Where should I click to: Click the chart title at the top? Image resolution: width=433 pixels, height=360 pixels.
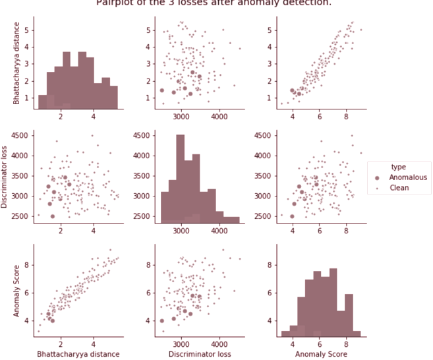tap(214, 3)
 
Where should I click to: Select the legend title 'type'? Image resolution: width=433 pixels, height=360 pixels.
tap(397, 167)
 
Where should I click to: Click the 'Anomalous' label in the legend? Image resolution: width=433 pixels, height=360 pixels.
tap(407, 177)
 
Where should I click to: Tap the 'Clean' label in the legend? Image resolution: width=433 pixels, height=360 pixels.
tap(399, 188)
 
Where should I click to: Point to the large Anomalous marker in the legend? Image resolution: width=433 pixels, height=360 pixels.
tap(377, 178)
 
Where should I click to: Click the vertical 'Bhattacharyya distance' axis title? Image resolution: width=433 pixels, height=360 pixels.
tap(16, 63)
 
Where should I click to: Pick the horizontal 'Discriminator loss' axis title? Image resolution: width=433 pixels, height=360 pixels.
tap(200, 353)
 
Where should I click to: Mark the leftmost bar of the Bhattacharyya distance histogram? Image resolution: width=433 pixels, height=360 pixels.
tap(43, 102)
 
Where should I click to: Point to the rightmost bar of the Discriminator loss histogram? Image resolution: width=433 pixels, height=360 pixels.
tap(231, 220)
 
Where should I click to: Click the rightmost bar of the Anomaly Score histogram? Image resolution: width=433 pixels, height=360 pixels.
tap(357, 333)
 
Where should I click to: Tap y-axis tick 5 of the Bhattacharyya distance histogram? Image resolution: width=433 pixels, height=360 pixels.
tap(26, 30)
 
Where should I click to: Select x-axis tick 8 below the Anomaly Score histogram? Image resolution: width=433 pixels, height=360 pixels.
tap(347, 343)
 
